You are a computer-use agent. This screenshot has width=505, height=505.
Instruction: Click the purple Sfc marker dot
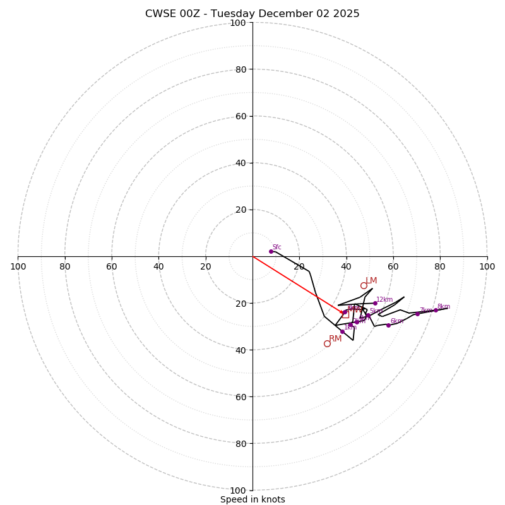click(x=271, y=251)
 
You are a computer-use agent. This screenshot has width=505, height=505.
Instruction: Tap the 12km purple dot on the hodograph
click(x=375, y=303)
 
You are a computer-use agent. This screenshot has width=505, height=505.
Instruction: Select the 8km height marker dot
click(x=436, y=310)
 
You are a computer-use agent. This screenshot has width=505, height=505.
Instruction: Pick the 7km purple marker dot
click(x=417, y=314)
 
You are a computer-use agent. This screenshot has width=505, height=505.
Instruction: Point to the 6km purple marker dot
click(x=388, y=325)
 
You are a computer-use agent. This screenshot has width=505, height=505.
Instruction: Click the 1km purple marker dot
click(x=342, y=331)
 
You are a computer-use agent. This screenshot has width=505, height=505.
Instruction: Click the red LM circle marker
click(x=364, y=285)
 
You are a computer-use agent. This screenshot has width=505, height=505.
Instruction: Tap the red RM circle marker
click(x=327, y=343)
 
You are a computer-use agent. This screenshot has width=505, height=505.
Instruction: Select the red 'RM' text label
click(x=335, y=339)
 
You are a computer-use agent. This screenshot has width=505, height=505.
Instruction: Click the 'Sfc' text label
click(x=276, y=247)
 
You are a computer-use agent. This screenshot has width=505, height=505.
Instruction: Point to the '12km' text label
click(x=384, y=300)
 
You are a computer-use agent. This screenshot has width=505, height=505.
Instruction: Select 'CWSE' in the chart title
click(x=160, y=14)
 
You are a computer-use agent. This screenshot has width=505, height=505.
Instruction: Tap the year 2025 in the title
click(x=346, y=14)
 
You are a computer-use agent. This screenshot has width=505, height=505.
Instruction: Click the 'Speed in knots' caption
click(x=252, y=499)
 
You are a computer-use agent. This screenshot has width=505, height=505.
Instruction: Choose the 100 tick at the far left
click(x=18, y=266)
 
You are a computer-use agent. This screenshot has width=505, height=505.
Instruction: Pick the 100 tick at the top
click(x=238, y=23)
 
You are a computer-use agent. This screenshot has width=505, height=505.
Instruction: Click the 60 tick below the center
click(x=238, y=396)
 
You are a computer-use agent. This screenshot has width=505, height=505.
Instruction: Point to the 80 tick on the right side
click(x=440, y=266)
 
